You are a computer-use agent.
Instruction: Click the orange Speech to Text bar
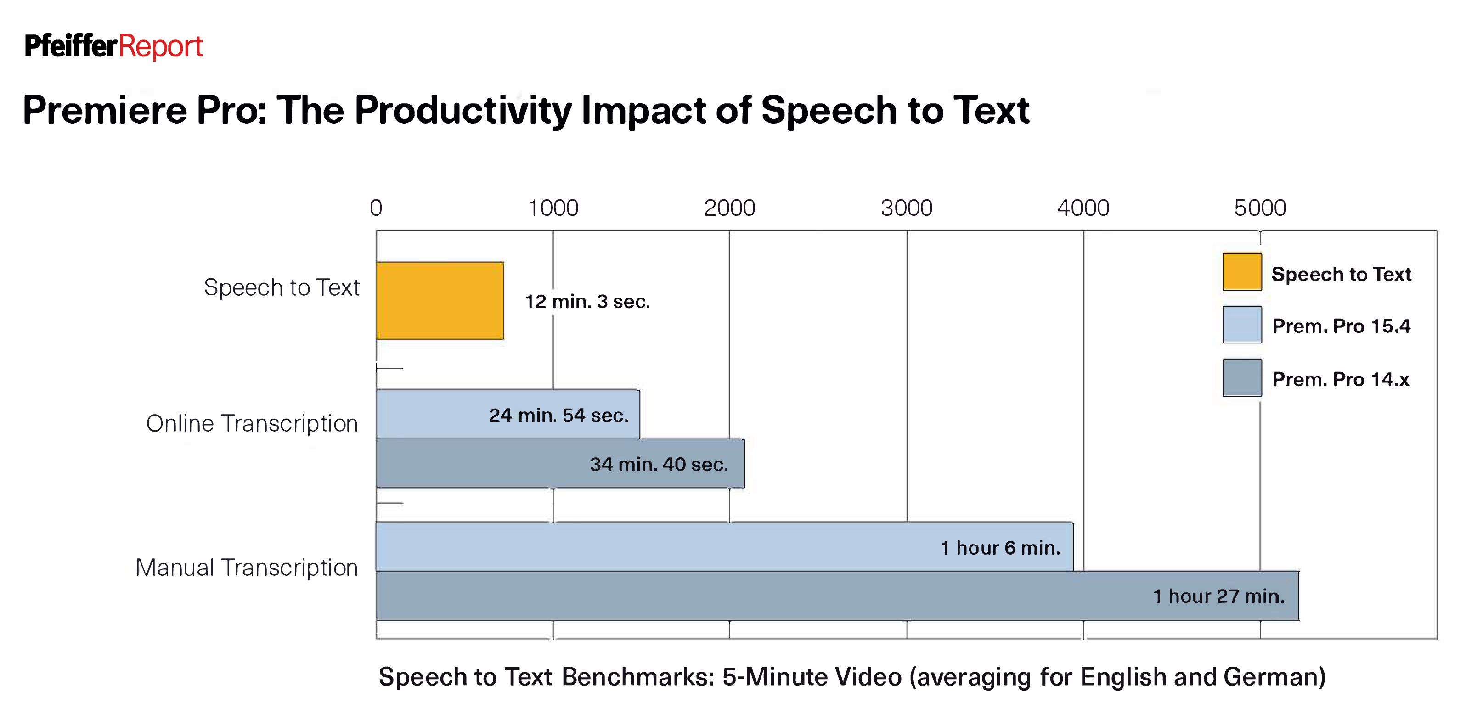click(440, 300)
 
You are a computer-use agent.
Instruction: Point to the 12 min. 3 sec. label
click(587, 302)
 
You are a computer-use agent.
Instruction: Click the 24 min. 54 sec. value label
click(558, 416)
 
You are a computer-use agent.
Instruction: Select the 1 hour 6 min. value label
click(1000, 548)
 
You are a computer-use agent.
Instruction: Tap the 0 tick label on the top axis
click(376, 208)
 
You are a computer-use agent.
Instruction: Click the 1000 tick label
click(553, 208)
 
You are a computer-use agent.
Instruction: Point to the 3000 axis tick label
click(907, 208)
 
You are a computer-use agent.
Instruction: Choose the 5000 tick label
click(1260, 208)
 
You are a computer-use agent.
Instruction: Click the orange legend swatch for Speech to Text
click(1242, 272)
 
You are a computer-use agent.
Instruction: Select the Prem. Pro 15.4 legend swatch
click(1242, 325)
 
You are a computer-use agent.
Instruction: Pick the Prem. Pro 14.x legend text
click(1340, 379)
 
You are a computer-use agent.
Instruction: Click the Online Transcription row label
click(252, 424)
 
